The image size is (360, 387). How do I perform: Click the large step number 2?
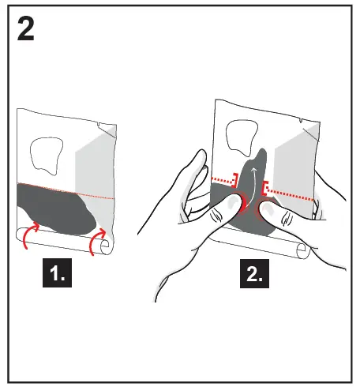point(28,31)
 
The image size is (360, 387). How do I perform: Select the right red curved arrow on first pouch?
point(99,242)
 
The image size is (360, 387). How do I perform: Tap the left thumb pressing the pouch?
point(229,210)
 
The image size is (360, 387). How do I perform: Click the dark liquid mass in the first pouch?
point(55,209)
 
